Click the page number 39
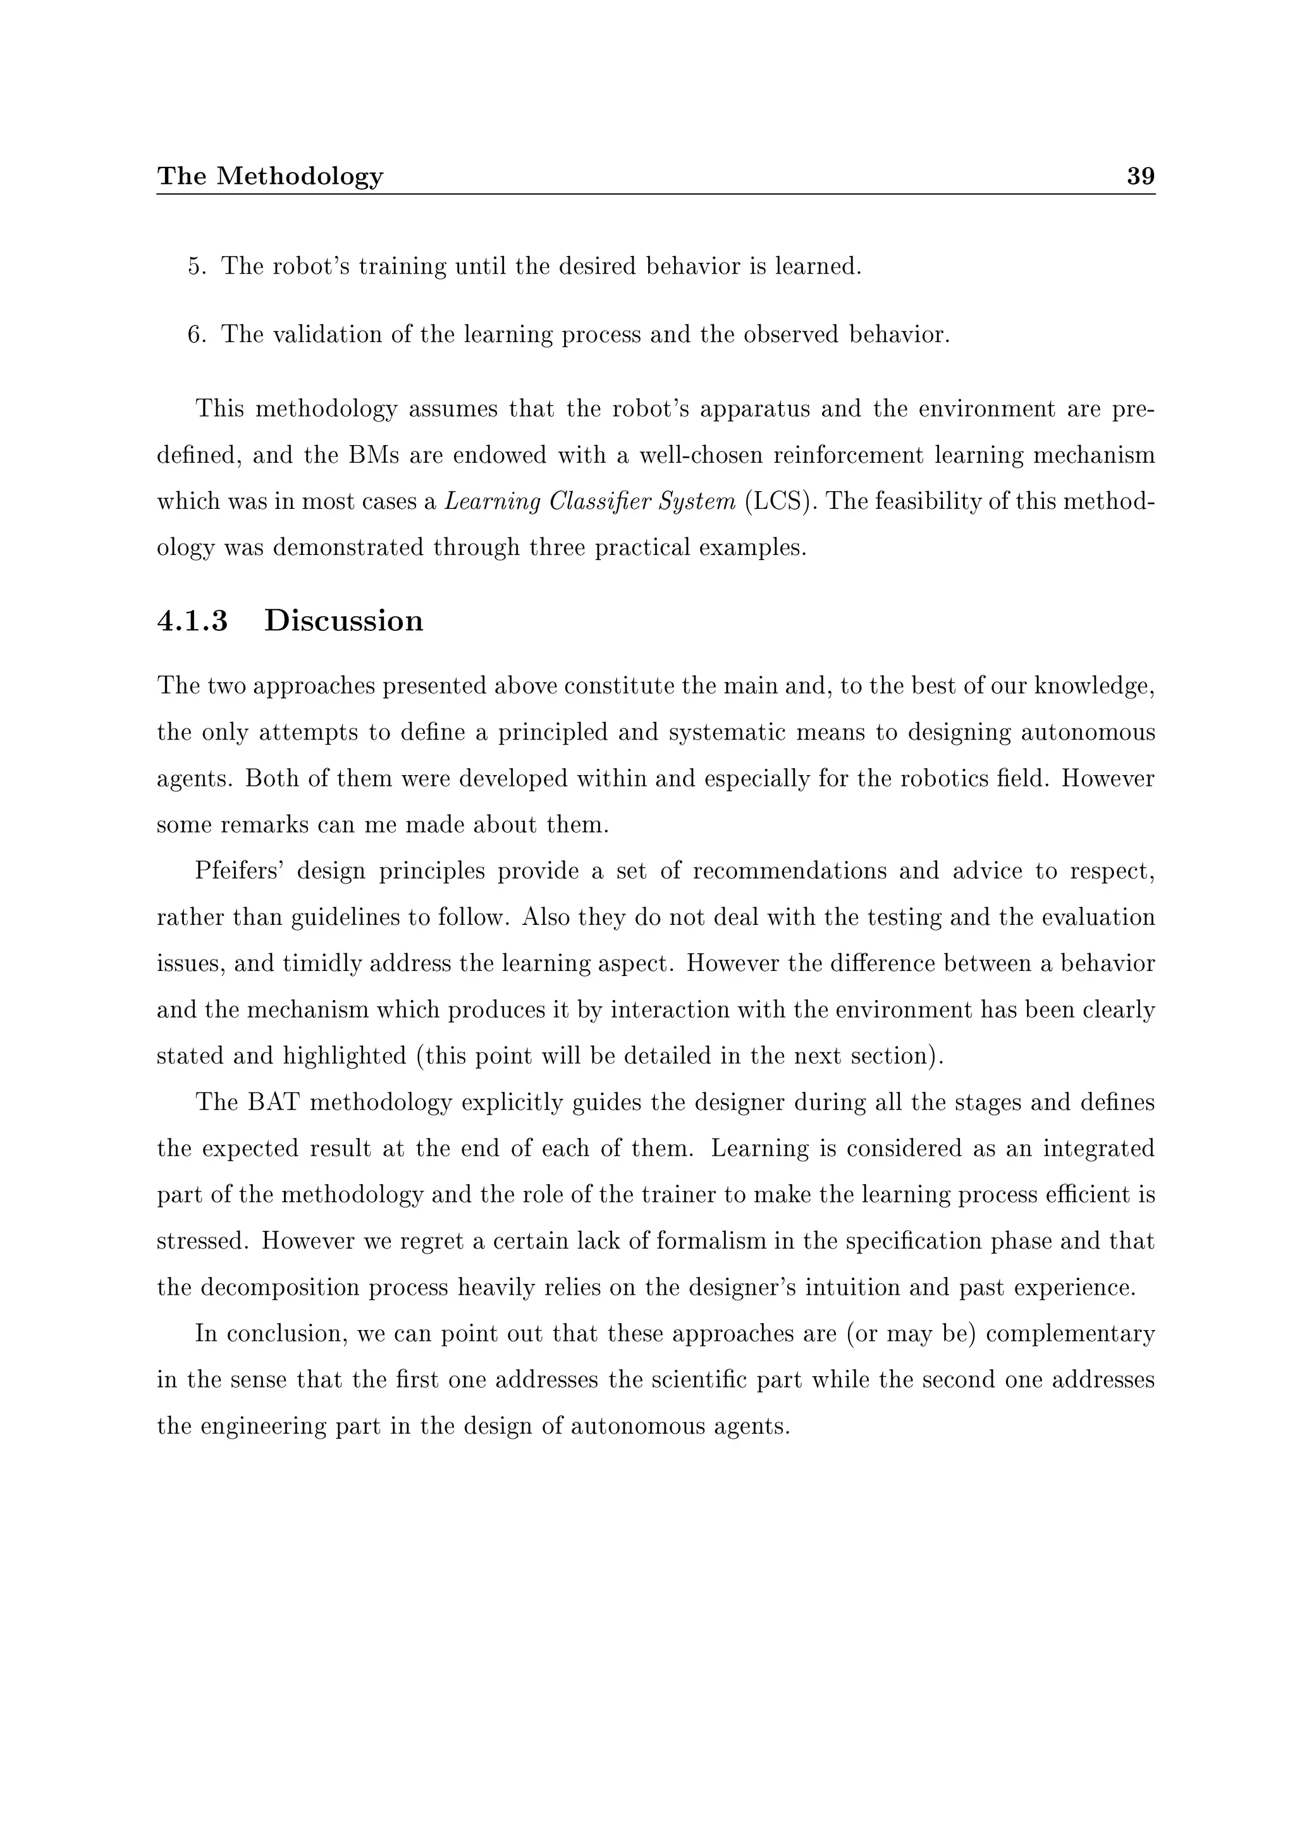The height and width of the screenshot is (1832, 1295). click(x=1140, y=176)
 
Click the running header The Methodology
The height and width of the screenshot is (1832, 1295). click(x=270, y=176)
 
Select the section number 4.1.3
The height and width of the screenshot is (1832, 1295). click(x=192, y=621)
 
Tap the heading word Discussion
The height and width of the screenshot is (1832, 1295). click(x=343, y=621)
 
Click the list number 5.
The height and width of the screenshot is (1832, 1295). click(x=195, y=267)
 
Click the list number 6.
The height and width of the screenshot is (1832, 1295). click(x=195, y=334)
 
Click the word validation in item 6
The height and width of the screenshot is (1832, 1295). click(x=326, y=334)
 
